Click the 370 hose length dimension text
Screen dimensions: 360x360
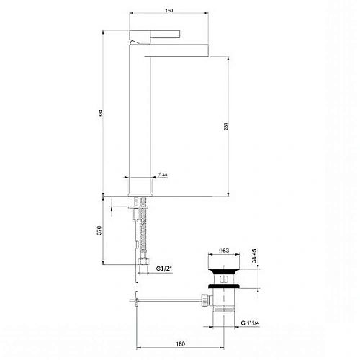point(105,230)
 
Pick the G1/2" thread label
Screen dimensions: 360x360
point(167,270)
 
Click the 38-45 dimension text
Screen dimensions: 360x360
point(264,256)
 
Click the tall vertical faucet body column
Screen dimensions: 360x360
point(138,115)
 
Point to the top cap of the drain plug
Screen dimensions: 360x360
point(228,268)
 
